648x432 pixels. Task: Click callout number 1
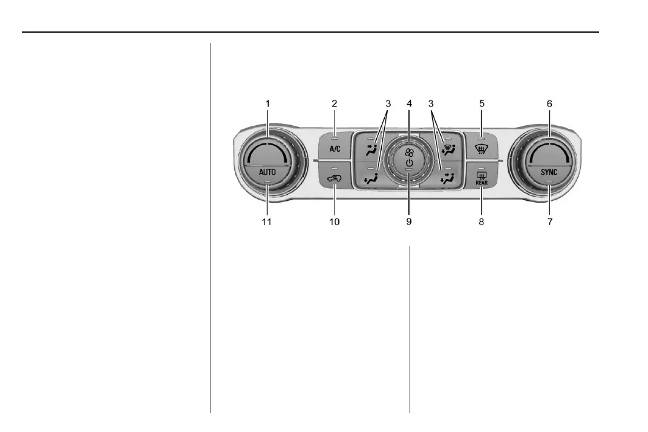pos(268,103)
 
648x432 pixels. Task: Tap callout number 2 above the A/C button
pos(335,103)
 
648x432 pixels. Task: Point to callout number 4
pos(409,103)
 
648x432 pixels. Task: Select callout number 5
pos(482,103)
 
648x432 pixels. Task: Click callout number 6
pos(549,103)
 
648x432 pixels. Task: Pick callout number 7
pos(550,221)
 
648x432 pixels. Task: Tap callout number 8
pos(482,221)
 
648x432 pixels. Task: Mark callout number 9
pos(409,221)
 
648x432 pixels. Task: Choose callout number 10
pos(335,221)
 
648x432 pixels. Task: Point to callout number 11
pos(267,221)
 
